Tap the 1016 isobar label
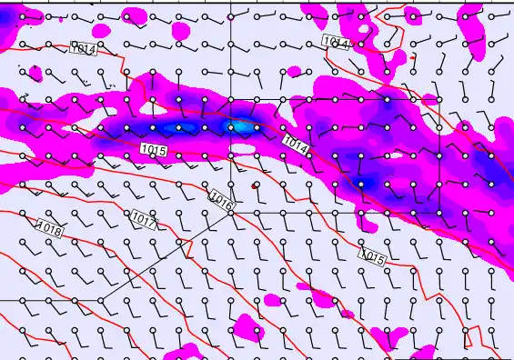tap(221, 201)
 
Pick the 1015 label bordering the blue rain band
tap(154, 148)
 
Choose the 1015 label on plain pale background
tap(373, 258)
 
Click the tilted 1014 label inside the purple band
tap(296, 143)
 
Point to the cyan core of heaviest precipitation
tap(242, 126)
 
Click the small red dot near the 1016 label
tap(254, 185)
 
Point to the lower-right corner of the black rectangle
tap(440, 212)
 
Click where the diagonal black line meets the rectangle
tap(230, 212)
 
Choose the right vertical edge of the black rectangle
tap(440, 155)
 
